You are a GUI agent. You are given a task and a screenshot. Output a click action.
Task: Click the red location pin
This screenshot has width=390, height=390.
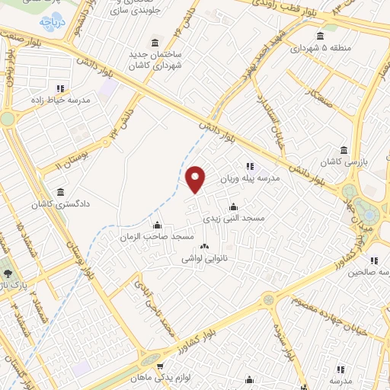tap(197, 180)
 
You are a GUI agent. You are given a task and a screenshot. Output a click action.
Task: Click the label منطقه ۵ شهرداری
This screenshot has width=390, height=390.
tap(319, 47)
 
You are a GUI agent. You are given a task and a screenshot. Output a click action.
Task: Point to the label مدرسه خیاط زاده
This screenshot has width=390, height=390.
tap(60, 100)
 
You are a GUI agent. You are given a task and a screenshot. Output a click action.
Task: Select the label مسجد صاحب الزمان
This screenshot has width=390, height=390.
tap(157, 237)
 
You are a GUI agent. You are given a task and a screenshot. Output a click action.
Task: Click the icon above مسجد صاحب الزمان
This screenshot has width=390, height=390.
tap(157, 225)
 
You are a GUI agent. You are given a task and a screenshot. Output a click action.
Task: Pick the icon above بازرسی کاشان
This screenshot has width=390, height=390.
tap(344, 149)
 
